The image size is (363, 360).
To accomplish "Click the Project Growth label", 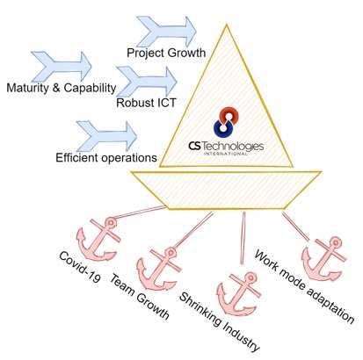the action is point(166,53).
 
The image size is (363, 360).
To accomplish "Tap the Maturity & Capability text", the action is point(62,88).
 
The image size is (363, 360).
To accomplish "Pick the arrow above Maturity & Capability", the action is point(62,67).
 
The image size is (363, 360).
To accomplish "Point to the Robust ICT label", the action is point(146,103).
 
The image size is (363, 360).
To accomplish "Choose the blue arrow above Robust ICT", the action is point(147,82).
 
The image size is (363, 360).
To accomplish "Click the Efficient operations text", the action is point(106,158).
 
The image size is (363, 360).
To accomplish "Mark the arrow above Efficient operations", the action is point(107,136).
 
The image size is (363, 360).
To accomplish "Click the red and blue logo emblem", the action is point(226,123).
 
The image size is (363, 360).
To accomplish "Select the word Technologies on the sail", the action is point(233,146).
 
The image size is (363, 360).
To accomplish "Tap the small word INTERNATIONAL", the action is point(226,154).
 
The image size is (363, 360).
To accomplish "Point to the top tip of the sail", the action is point(227,25).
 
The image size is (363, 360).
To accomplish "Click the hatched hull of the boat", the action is point(226,191).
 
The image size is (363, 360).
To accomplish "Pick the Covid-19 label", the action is point(79,267).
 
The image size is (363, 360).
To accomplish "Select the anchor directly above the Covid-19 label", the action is point(98,239).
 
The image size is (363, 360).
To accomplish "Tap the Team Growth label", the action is point(139,297).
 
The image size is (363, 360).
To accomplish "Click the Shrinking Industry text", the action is point(219,322).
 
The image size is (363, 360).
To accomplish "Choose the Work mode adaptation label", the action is point(305,286).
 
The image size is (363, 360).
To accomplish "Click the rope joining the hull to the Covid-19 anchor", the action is point(140,212).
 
